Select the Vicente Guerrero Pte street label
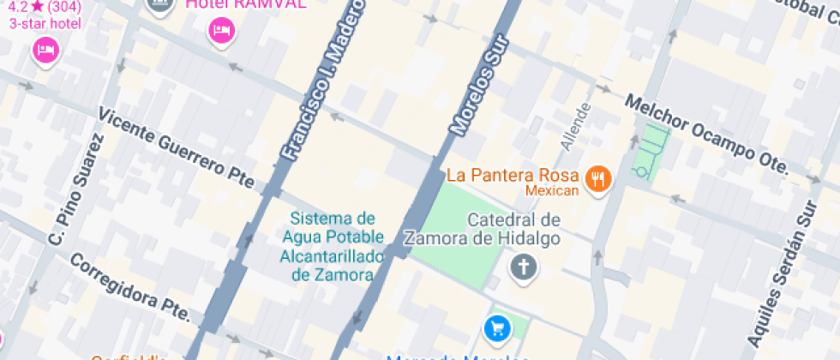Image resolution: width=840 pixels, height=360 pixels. coord(177,147)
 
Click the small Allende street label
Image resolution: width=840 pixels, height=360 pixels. coord(576,127)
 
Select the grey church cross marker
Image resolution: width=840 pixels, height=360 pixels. coord(522,267)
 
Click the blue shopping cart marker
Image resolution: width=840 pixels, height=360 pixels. coord(496,327)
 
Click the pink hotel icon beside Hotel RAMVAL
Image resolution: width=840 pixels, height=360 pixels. coord(221,33)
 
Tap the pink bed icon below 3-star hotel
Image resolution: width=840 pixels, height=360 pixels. coord(45,50)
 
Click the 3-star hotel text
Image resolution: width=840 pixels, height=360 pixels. coord(45,23)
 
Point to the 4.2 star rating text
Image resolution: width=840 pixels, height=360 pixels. coord(45,7)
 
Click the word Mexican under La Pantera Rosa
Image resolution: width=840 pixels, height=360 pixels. coord(552,190)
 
